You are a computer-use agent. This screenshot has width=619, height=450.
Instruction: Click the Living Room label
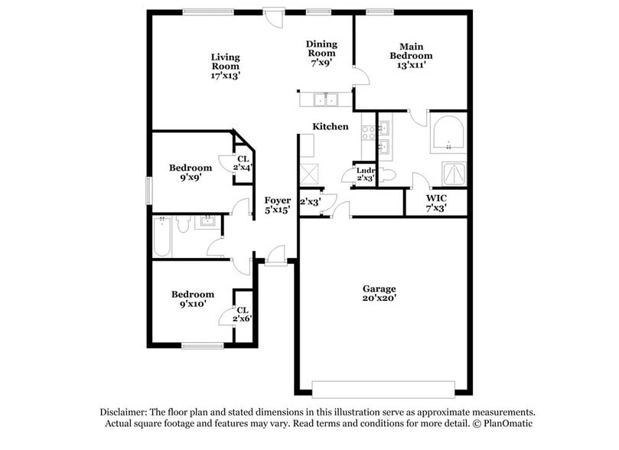(226, 66)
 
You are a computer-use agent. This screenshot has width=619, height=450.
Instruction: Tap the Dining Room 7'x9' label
(321, 54)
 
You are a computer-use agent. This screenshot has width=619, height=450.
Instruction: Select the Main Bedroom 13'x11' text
(411, 55)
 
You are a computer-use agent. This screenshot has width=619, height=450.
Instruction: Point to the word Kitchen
(330, 126)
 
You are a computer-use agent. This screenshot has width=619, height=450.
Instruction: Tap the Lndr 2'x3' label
(364, 174)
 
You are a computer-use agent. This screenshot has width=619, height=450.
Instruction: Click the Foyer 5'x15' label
(276, 204)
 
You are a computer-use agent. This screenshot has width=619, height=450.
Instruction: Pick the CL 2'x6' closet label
(243, 315)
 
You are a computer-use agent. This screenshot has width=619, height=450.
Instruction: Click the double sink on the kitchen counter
(326, 99)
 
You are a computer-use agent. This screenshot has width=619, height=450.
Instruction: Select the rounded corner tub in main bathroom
(448, 134)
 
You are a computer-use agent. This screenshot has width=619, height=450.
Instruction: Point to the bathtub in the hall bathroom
(161, 236)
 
